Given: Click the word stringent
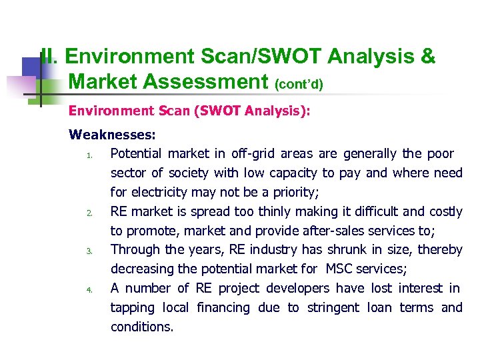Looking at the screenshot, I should [x=332, y=308].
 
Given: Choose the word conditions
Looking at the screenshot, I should [x=141, y=327].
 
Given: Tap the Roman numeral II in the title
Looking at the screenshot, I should [x=48, y=57].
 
